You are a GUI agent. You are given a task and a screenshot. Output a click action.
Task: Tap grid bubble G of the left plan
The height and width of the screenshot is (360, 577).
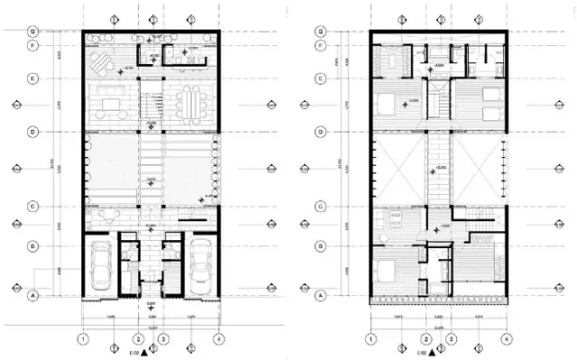click(32, 32)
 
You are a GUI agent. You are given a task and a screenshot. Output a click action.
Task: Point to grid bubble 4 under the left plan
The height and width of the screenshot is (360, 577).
click(218, 339)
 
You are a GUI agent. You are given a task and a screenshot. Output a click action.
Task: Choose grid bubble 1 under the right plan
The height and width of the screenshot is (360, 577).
click(370, 340)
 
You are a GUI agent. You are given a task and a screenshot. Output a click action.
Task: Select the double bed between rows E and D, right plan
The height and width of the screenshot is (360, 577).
click(386, 103)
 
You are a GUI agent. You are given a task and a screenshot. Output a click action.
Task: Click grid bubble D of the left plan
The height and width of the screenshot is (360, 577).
click(32, 133)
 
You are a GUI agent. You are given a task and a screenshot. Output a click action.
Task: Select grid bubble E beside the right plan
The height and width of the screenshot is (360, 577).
click(321, 78)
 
